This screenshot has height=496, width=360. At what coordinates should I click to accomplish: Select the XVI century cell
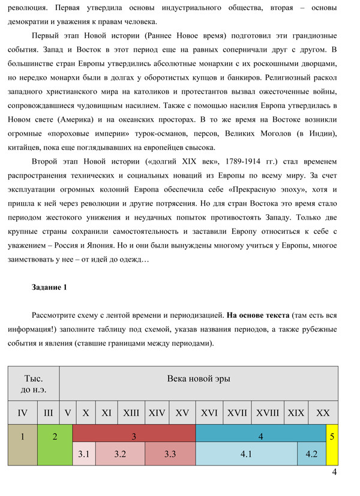(x=209, y=413)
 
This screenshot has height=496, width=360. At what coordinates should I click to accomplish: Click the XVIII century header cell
(x=268, y=413)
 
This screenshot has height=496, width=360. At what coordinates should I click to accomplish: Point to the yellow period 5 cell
(x=332, y=436)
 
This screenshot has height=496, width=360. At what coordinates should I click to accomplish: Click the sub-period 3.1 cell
(x=84, y=454)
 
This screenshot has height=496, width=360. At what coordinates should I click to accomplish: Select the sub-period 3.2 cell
(x=120, y=454)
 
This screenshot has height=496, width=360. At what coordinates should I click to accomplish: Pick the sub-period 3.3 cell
(x=170, y=454)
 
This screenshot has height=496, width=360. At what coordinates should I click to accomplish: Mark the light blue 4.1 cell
(x=246, y=454)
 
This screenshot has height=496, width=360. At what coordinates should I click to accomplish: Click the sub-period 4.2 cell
(x=311, y=454)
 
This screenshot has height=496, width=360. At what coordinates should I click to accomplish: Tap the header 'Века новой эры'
(x=198, y=378)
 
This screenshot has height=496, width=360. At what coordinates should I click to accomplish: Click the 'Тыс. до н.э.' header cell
(x=34, y=384)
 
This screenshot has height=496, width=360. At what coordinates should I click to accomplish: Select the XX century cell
(x=323, y=413)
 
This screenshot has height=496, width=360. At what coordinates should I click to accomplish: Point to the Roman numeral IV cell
(x=23, y=413)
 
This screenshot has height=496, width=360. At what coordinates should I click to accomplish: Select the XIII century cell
(x=131, y=413)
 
